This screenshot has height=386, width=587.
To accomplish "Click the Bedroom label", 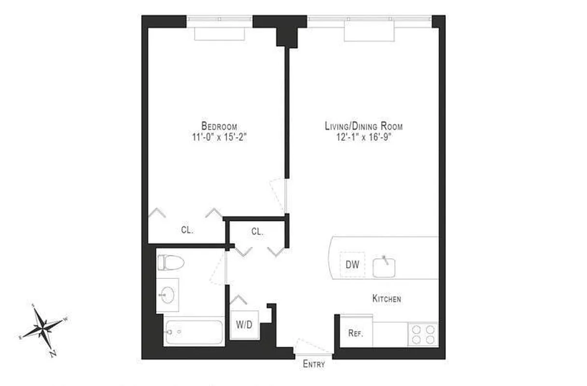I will tap(219, 126).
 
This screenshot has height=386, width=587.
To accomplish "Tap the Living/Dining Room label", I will tap(363, 126).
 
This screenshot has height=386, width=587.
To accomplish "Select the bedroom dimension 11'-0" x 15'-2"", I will tap(219, 137).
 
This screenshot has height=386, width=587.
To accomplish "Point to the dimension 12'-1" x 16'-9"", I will tap(363, 137).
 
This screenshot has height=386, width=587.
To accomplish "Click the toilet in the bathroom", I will tap(170, 263).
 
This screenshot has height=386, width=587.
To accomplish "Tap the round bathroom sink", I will tap(168, 295).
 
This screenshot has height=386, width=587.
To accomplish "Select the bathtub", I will tap(194, 332).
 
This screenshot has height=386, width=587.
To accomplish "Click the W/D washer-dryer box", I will tap(244, 325).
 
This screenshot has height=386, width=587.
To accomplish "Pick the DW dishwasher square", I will tap(352, 264).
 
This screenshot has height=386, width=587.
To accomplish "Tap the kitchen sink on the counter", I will tap(384, 267).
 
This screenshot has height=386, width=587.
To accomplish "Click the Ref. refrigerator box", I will tap(355, 333).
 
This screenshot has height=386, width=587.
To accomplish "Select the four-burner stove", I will tap(423, 334).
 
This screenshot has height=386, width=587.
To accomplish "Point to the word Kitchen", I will tap(386, 299).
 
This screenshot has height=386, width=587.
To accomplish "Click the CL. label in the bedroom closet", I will tap(187, 230).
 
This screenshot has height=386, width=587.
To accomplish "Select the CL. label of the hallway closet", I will tap(257, 232).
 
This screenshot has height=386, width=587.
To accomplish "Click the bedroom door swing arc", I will tap(279, 195).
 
